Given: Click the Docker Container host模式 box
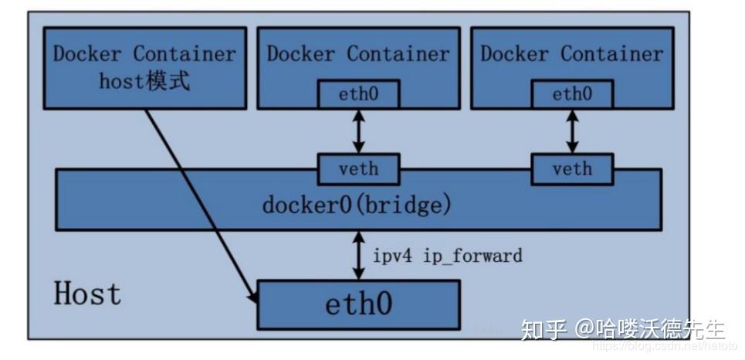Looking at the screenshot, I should pyautogui.click(x=144, y=67).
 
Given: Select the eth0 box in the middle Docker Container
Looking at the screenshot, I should pyautogui.click(x=357, y=95).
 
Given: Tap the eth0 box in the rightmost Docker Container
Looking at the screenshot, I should pyautogui.click(x=571, y=94).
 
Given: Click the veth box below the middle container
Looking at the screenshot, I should pyautogui.click(x=357, y=169).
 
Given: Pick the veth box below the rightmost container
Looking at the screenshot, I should pyautogui.click(x=571, y=169).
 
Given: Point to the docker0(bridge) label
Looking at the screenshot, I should pyautogui.click(x=357, y=206).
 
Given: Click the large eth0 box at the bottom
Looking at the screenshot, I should pyautogui.click(x=357, y=304).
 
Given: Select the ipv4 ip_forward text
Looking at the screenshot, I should pyautogui.click(x=447, y=254).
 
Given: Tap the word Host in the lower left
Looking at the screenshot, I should pyautogui.click(x=87, y=294).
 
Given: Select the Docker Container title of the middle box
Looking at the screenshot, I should pyautogui.click(x=357, y=53).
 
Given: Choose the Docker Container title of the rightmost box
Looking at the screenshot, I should pyautogui.click(x=571, y=53).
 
